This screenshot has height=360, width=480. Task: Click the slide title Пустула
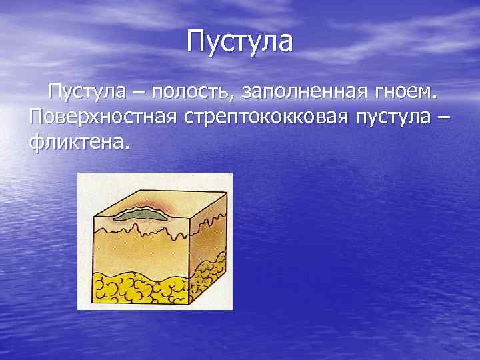click(239, 41)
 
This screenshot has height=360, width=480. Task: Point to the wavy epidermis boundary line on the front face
click(143, 231)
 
